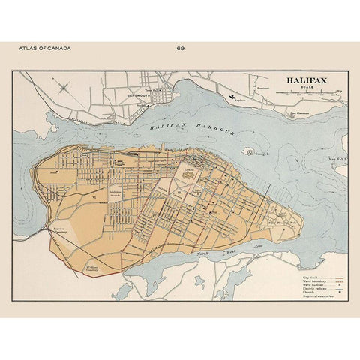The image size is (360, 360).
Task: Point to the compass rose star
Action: pos(64,88)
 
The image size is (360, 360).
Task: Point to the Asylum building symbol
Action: pos(232,97)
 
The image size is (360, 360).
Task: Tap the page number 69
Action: pos(180,49)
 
